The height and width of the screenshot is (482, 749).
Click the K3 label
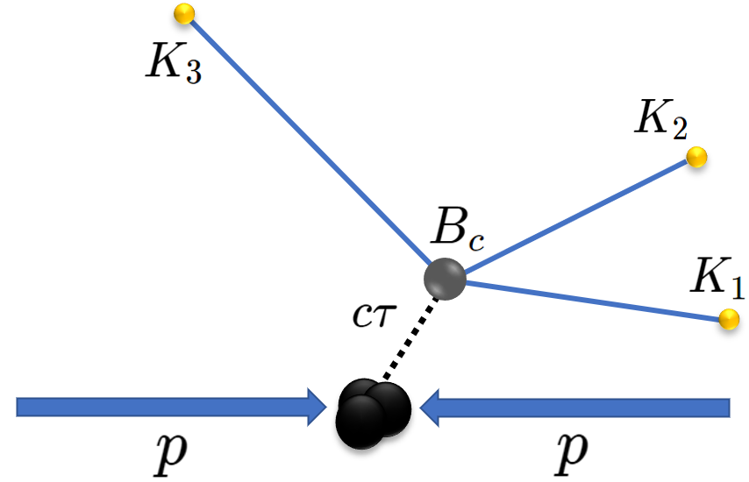click(174, 63)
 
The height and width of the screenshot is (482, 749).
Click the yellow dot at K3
click(184, 14)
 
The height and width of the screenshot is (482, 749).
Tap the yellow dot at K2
click(696, 158)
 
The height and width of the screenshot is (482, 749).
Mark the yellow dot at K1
click(729, 320)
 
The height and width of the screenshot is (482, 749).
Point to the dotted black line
click(409, 337)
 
